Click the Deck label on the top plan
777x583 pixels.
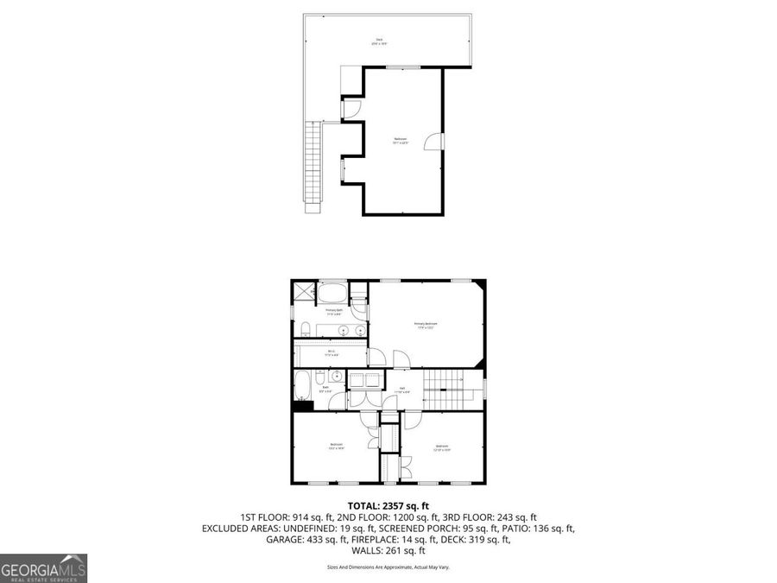pyautogui.click(x=377, y=41)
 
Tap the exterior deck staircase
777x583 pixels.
pyautogui.click(x=314, y=164)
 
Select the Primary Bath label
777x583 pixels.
pyautogui.click(x=334, y=311)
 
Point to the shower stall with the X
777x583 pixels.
pyautogui.click(x=303, y=293)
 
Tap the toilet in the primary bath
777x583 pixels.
pyautogui.click(x=306, y=327)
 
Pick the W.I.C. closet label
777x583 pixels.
pyautogui.click(x=332, y=352)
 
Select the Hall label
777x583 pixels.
pyautogui.click(x=403, y=390)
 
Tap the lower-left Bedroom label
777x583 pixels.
pyautogui.click(x=336, y=446)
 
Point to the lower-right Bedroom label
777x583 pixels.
pyautogui.click(x=442, y=447)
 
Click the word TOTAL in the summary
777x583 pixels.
pyautogui.click(x=363, y=506)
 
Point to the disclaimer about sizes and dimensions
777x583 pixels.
pyautogui.click(x=388, y=567)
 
